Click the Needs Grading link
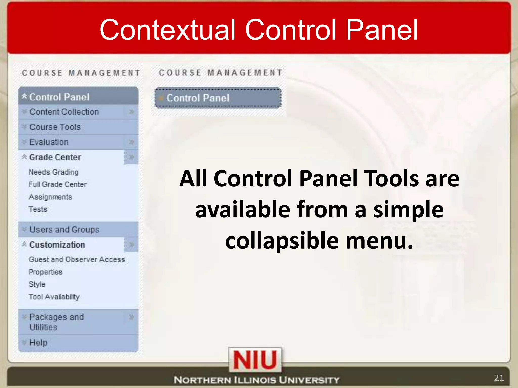point(53,172)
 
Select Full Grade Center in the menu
point(58,184)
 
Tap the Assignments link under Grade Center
point(50,197)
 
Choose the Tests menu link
point(38,209)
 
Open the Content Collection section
point(64,112)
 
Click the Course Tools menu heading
point(55,127)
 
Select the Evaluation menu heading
point(49,142)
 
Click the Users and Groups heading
point(64,229)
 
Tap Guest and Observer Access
point(77,259)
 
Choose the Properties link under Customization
point(46,272)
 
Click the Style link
point(37,284)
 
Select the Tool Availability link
point(54,297)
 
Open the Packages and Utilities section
point(56,322)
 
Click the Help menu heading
point(38,343)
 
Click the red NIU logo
point(255,360)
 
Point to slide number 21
point(499,378)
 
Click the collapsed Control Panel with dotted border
point(218,98)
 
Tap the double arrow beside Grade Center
point(131,157)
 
